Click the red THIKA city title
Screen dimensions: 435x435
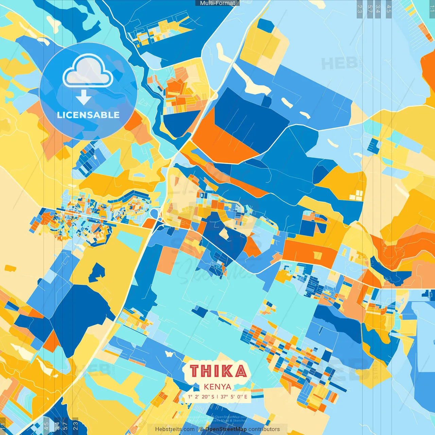point(218,371)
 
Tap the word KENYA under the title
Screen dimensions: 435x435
point(217,386)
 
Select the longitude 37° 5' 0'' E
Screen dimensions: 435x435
point(234,397)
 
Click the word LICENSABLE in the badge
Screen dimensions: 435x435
point(88,115)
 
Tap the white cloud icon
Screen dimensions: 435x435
point(88,71)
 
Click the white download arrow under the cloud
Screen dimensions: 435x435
point(84,99)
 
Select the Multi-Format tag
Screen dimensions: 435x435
point(217,3)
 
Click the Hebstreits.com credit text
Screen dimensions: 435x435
point(175,429)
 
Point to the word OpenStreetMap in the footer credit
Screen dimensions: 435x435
point(226,429)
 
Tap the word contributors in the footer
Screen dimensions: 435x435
point(264,429)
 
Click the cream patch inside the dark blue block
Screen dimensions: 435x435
point(224,233)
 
